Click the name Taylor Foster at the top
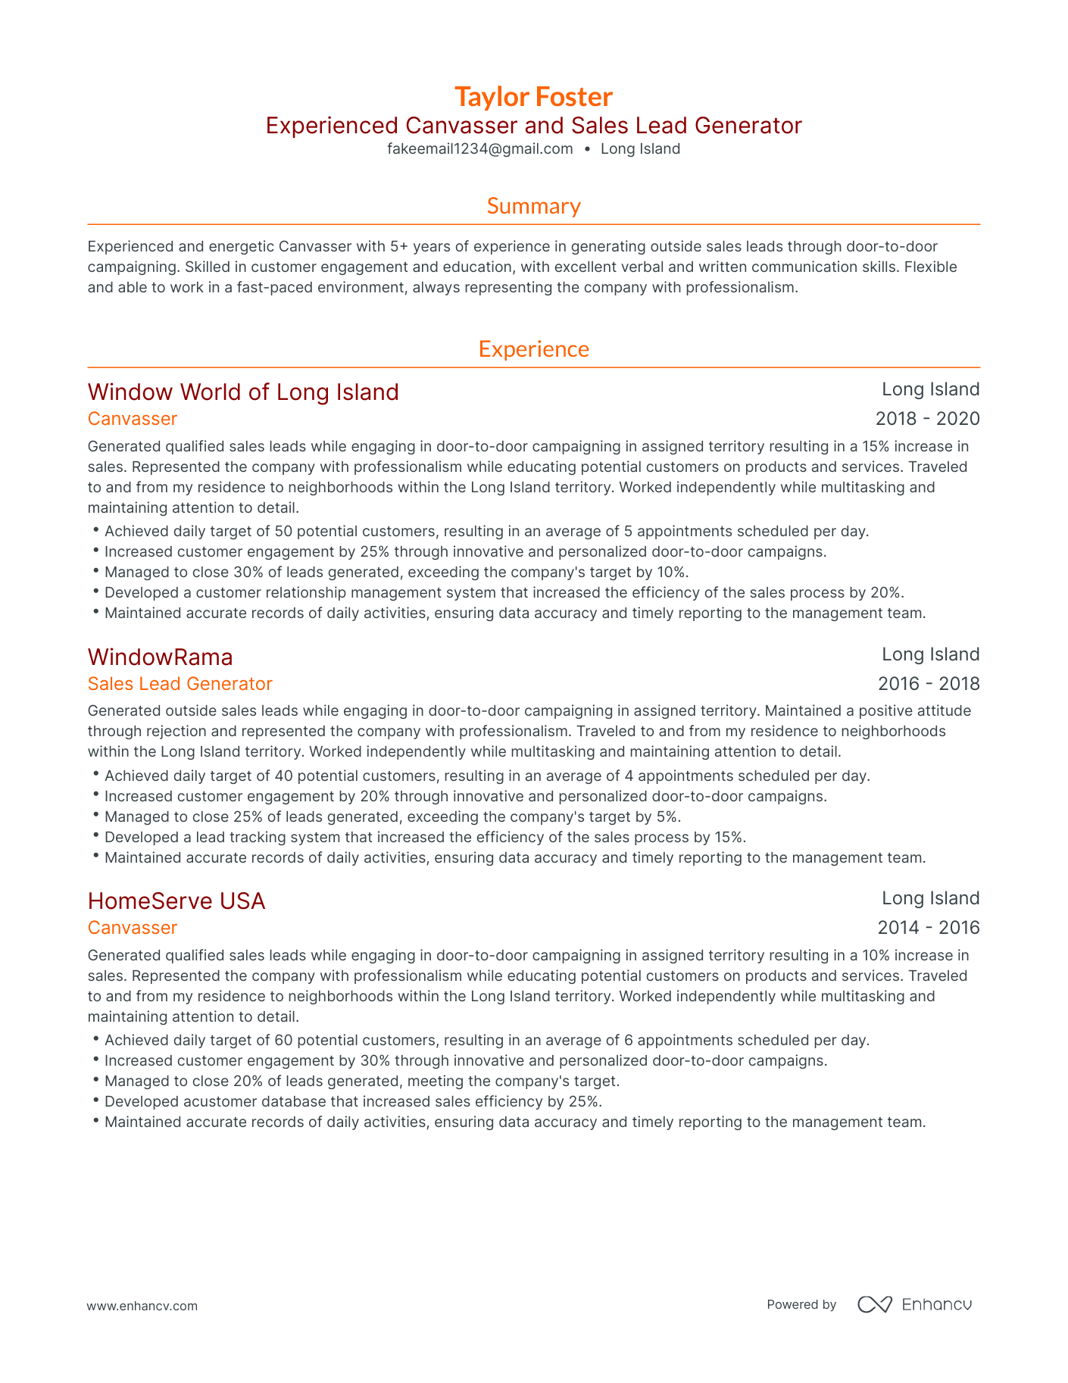(x=533, y=97)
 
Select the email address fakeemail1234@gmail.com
(x=479, y=149)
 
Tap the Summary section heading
(x=533, y=206)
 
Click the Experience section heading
(x=533, y=349)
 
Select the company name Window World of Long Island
(x=243, y=392)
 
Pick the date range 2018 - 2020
(x=927, y=419)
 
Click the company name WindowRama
(x=160, y=657)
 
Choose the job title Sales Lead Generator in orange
(x=180, y=684)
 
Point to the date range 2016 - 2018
(x=928, y=684)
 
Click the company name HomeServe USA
(x=176, y=901)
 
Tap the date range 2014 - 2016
(x=928, y=928)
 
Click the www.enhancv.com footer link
(x=142, y=1306)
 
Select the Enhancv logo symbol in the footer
(x=874, y=1304)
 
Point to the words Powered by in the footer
(x=801, y=1305)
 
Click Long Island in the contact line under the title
(x=640, y=149)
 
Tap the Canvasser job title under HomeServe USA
(x=133, y=928)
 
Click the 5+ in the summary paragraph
(x=399, y=247)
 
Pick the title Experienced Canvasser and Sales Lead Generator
(x=533, y=126)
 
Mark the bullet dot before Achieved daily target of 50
(x=96, y=530)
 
